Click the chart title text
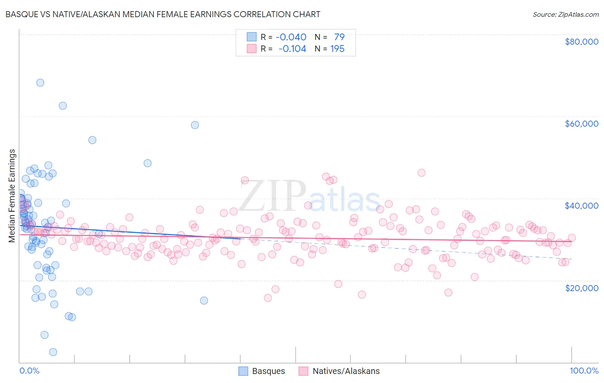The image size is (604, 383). pos(162,14)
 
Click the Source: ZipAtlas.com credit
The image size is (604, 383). pos(565,14)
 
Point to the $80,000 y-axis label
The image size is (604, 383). pos(581,42)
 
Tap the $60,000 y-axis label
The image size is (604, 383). pos(581,124)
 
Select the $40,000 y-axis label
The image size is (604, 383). pos(581,206)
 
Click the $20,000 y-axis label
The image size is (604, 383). pos(581,288)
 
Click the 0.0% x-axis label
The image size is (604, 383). pos(29,371)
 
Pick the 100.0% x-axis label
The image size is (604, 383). pos(584,371)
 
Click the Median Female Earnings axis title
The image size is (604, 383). pos(12,196)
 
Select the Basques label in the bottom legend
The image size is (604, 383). pos(268,371)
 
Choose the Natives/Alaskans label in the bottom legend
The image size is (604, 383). pos(346,371)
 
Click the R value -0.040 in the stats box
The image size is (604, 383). pos(291,37)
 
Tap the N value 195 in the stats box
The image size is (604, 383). pos(337,49)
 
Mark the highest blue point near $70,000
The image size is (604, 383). pos(40,82)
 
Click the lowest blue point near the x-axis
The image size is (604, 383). pos(53,352)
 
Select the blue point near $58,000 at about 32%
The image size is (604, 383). pos(195,125)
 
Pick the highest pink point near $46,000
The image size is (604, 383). pos(421,173)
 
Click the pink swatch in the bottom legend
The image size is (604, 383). pos(304,371)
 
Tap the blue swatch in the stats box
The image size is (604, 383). pos(251,37)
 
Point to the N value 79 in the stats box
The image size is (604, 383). pos(339,37)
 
